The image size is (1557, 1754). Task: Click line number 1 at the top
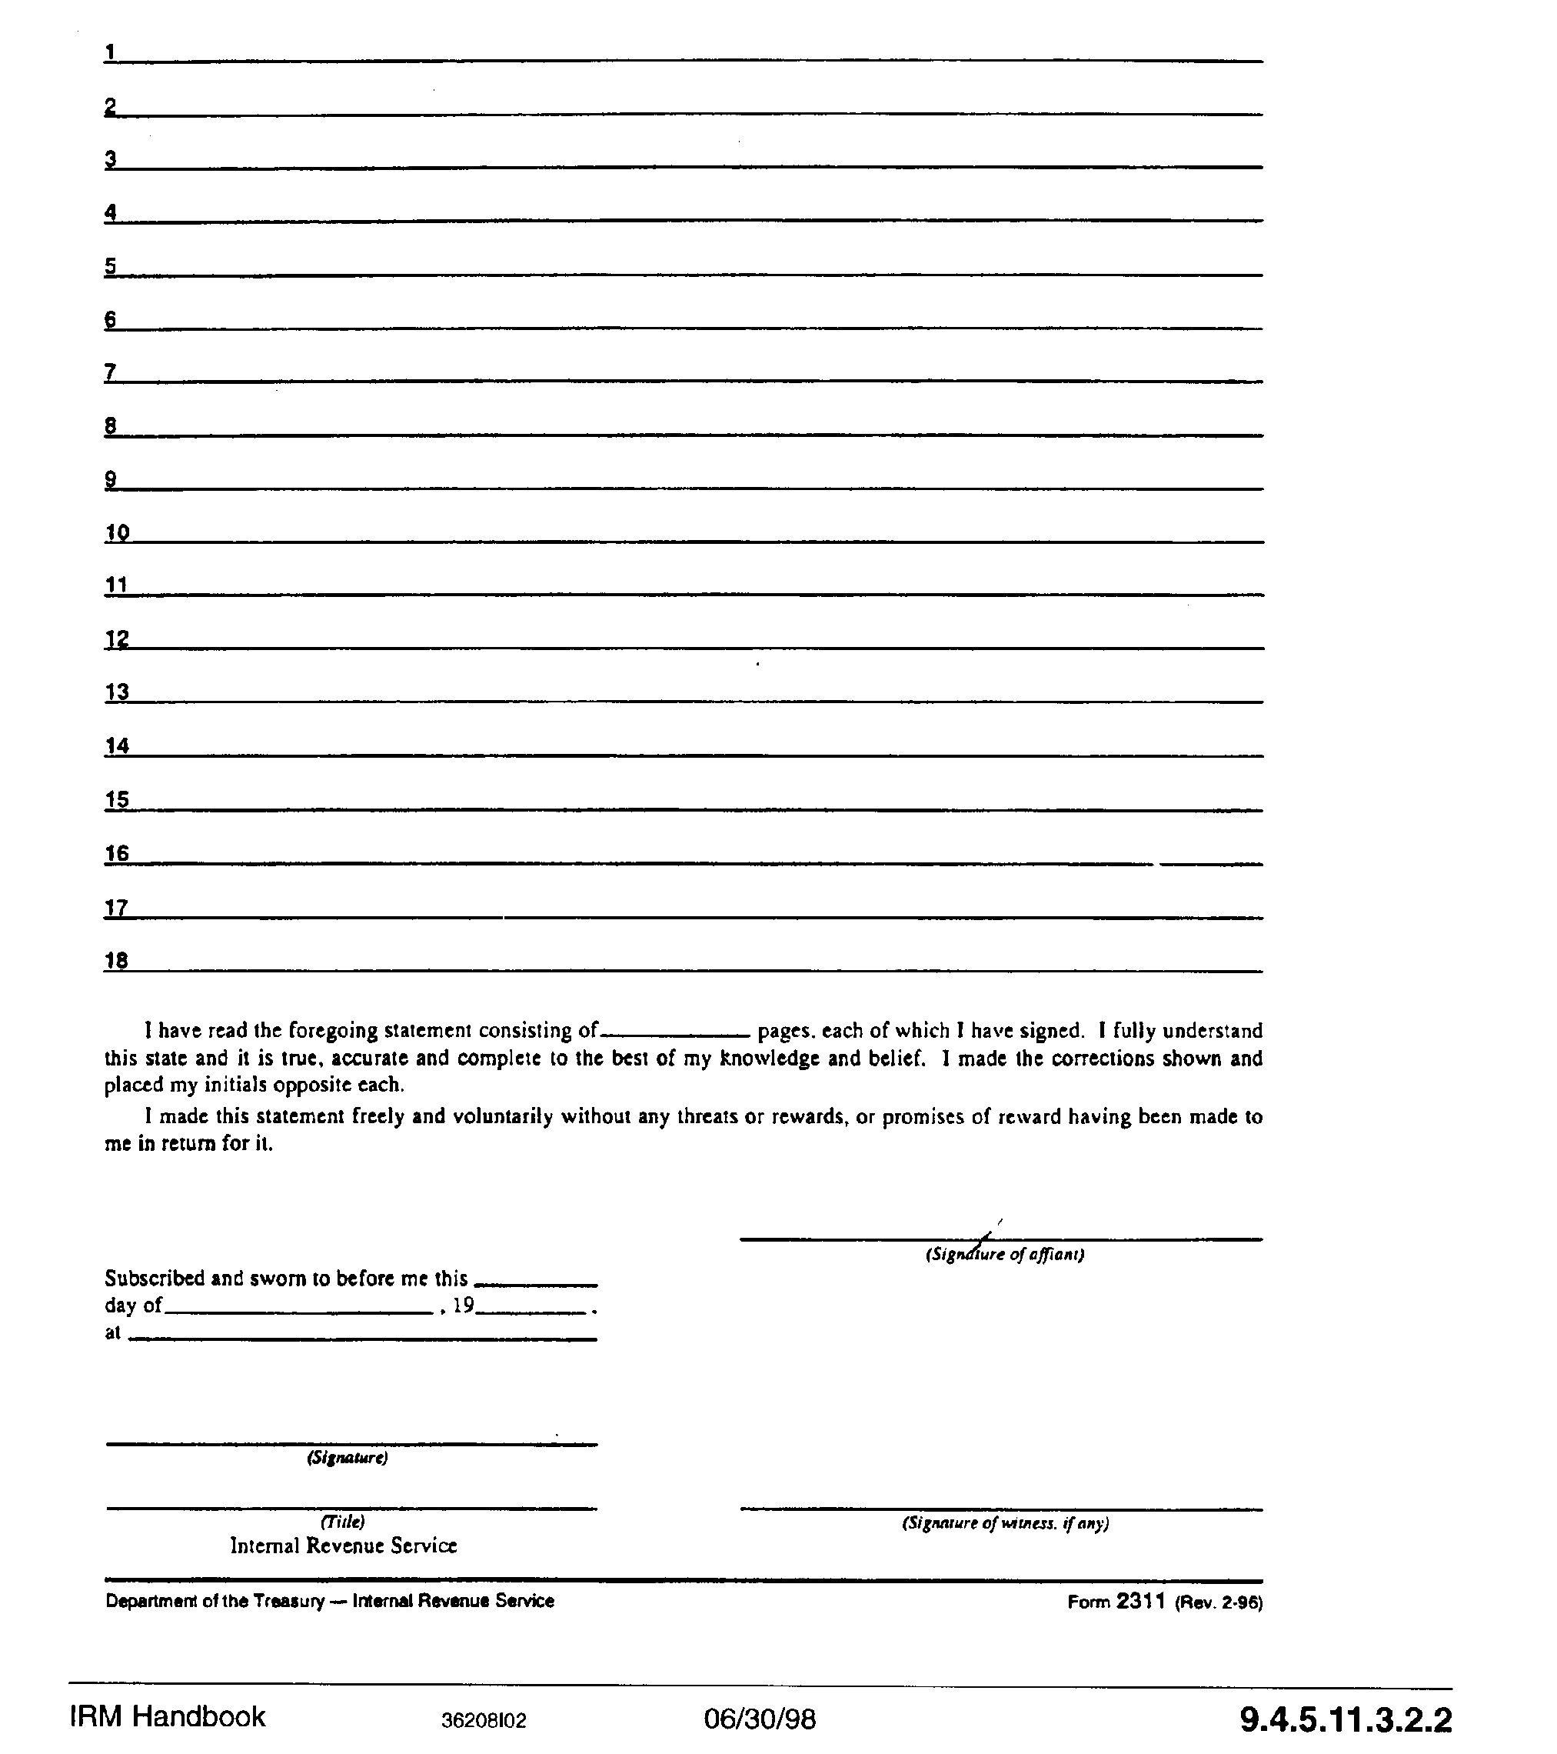click(110, 52)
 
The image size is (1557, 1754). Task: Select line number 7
click(111, 372)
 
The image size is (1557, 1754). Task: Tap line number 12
click(117, 639)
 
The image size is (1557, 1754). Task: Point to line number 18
click(117, 960)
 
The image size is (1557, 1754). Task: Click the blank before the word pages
click(677, 1032)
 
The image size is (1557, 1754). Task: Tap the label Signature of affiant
click(1003, 1255)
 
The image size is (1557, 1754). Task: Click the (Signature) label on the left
click(348, 1458)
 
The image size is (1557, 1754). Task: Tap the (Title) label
click(342, 1522)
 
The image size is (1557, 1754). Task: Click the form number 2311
click(1140, 1600)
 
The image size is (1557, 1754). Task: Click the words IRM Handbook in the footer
click(168, 1716)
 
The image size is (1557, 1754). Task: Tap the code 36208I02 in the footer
click(484, 1720)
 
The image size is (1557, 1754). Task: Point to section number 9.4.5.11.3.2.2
click(1345, 1719)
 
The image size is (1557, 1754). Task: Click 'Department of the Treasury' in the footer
click(215, 1600)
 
